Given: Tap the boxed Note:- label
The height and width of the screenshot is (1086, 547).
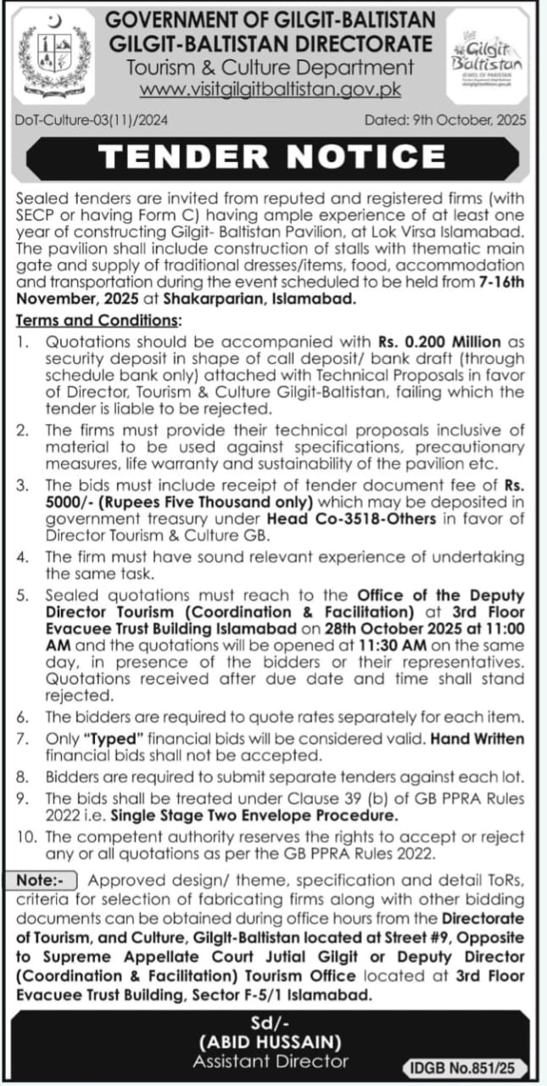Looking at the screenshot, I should (x=47, y=881).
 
